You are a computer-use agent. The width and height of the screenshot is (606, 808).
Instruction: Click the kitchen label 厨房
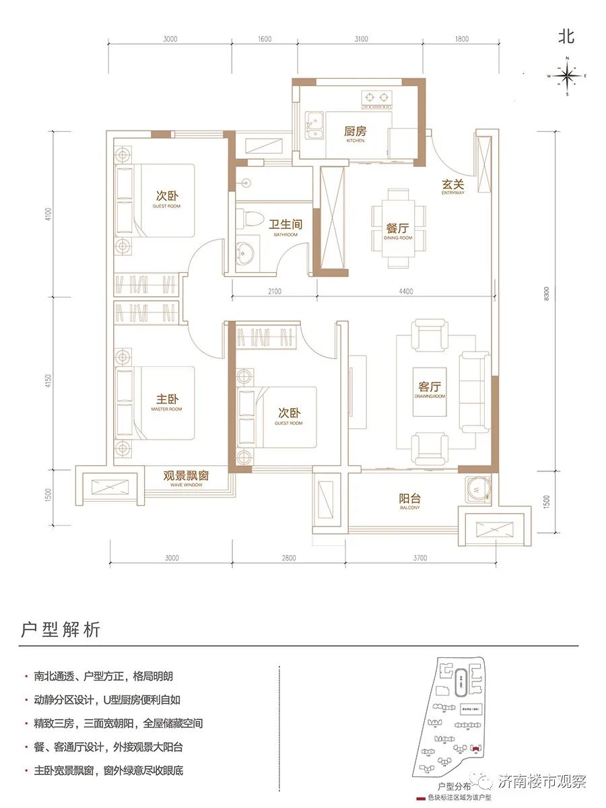tap(356, 133)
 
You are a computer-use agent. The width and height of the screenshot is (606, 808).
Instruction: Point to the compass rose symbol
tap(568, 76)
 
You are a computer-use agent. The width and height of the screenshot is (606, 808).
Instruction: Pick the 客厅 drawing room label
tap(429, 387)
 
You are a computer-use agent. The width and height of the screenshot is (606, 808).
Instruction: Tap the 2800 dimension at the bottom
tap(290, 558)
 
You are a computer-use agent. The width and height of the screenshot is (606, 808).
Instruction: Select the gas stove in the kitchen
tap(377, 98)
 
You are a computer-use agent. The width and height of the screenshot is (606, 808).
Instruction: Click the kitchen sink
tap(314, 126)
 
